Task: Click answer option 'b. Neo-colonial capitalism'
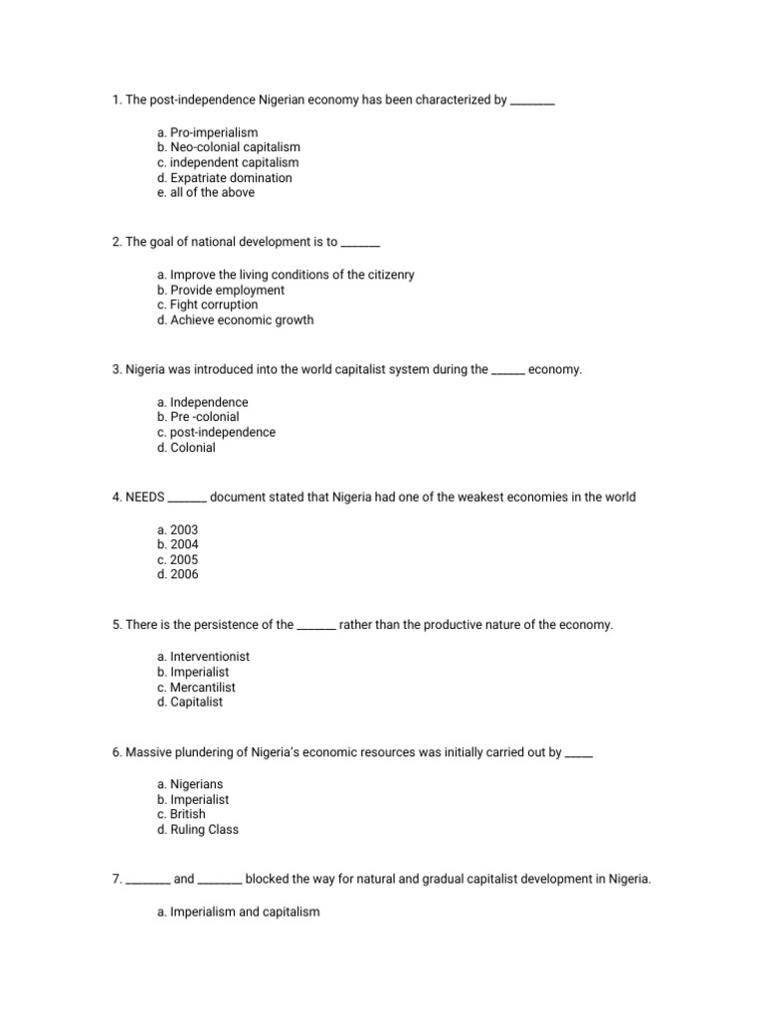(x=228, y=147)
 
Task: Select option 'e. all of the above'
(x=206, y=193)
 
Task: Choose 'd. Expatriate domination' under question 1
(x=225, y=178)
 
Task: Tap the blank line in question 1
(x=532, y=101)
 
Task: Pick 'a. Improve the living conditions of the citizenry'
(x=286, y=275)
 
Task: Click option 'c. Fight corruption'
(x=207, y=305)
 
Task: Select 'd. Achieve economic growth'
(x=235, y=320)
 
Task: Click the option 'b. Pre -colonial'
(x=198, y=417)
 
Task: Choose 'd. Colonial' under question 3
(x=186, y=448)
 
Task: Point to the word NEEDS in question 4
(x=145, y=497)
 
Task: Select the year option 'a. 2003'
(x=177, y=530)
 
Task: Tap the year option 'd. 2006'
(x=177, y=575)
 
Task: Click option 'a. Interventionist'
(x=203, y=657)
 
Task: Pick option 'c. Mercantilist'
(x=196, y=688)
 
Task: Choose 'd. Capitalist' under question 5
(x=190, y=703)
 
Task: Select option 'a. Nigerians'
(x=190, y=784)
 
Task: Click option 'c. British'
(x=181, y=814)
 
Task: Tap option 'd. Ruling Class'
(x=198, y=830)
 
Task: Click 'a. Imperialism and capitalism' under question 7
(x=238, y=911)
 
